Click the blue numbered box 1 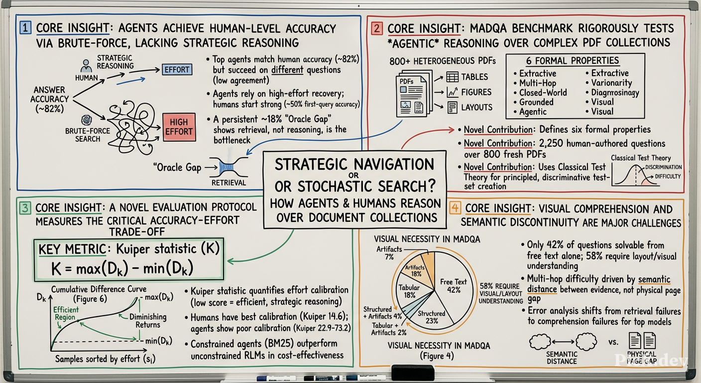coord(25,27)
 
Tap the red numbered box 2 coord(377,28)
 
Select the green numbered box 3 coord(25,208)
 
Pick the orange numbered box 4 coord(455,208)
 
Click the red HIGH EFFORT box coord(179,127)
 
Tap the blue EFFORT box coord(177,70)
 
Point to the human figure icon coord(86,66)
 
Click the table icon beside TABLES coord(452,77)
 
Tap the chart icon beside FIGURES coord(453,92)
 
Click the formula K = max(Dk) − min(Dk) coord(122,269)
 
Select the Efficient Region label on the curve coord(65,313)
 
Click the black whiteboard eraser coord(413,373)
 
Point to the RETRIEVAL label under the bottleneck coord(229,183)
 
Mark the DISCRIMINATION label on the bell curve coord(664,167)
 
